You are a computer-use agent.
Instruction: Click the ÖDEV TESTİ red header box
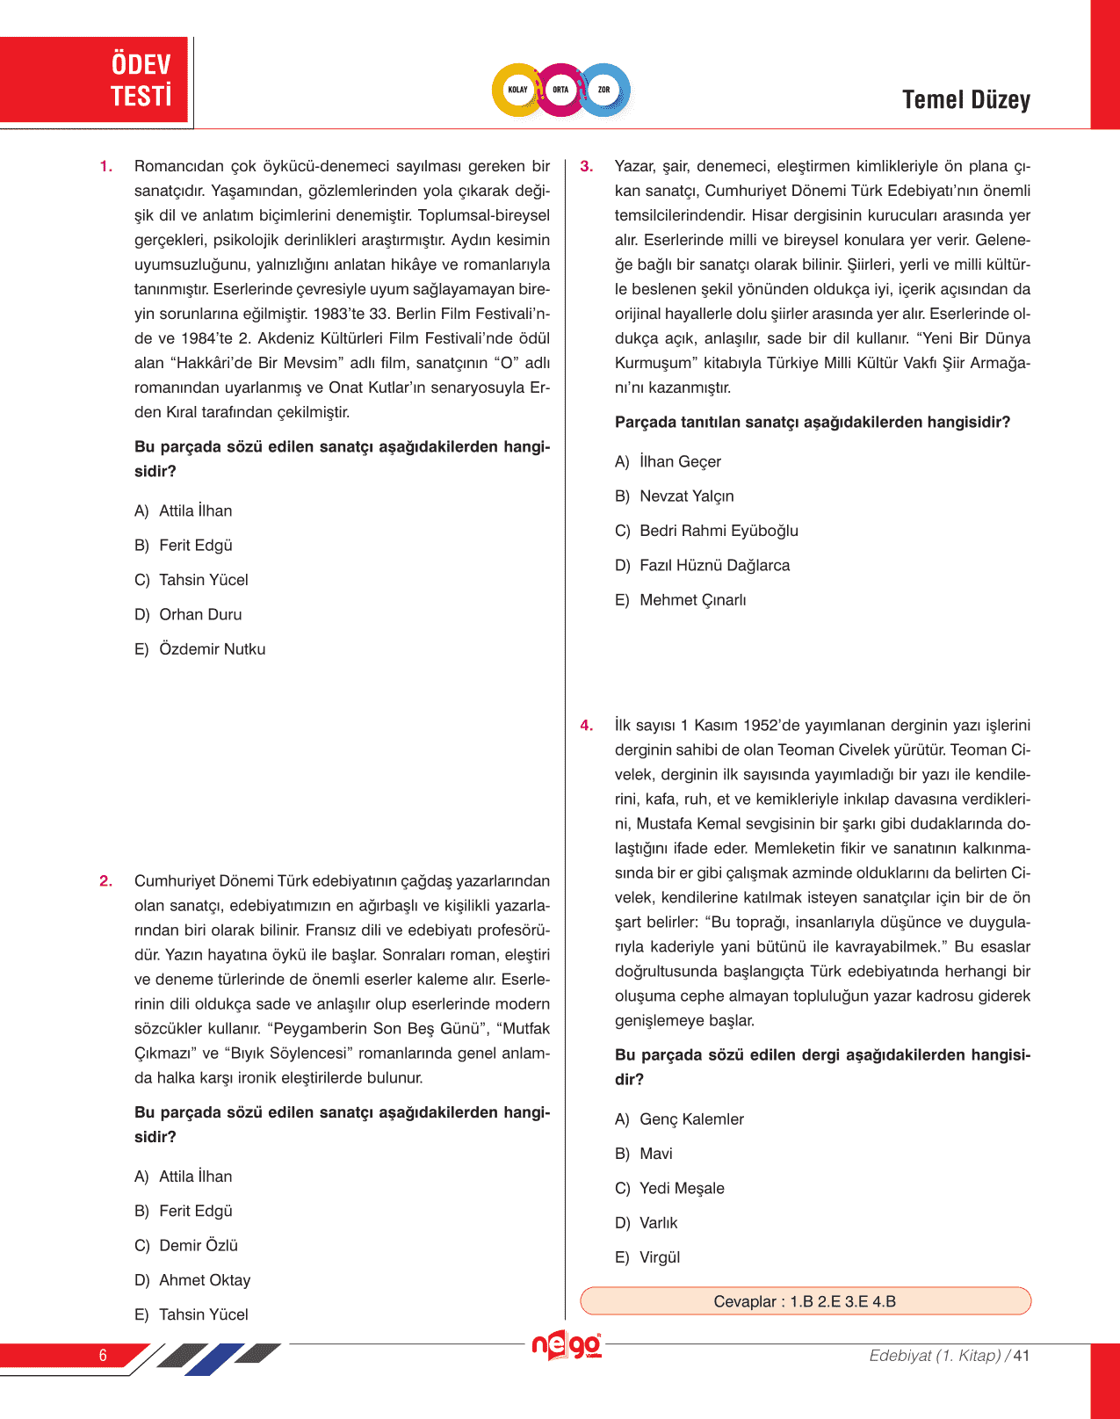pyautogui.click(x=95, y=80)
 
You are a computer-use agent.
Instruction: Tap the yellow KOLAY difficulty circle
pyautogui.click(x=517, y=90)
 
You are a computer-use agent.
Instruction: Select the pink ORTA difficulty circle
pyautogui.click(x=560, y=90)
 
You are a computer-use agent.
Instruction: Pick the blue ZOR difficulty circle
pyautogui.click(x=604, y=90)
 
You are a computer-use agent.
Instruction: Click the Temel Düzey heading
pyautogui.click(x=965, y=100)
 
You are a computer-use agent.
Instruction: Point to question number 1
pyautogui.click(x=106, y=167)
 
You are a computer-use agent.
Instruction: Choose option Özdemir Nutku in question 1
pyautogui.click(x=212, y=649)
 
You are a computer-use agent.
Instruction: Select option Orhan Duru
pyautogui.click(x=200, y=615)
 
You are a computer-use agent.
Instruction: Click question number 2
pyautogui.click(x=106, y=881)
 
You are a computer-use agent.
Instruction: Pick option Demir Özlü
pyautogui.click(x=199, y=1246)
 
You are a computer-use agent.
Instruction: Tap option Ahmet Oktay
pyautogui.click(x=205, y=1280)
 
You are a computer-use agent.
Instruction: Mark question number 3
pyautogui.click(x=587, y=167)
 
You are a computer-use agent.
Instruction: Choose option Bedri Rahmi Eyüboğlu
pyautogui.click(x=719, y=531)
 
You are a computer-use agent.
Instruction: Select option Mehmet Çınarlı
pyautogui.click(x=692, y=600)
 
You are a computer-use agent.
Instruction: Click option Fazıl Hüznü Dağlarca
pyautogui.click(x=714, y=566)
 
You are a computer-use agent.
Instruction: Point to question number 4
pyautogui.click(x=587, y=726)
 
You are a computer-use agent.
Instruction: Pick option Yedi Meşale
pyautogui.click(x=682, y=1189)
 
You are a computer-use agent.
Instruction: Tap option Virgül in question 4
pyautogui.click(x=660, y=1258)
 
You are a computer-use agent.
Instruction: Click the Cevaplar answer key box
pyautogui.click(x=805, y=1301)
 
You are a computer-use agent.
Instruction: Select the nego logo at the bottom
pyautogui.click(x=567, y=1345)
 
